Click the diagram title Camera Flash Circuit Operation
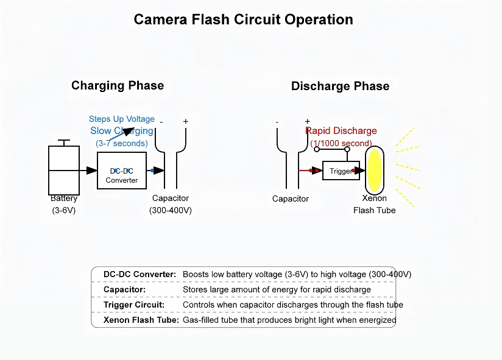pyautogui.click(x=243, y=19)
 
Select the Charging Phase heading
pyautogui.click(x=118, y=85)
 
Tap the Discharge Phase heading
pyautogui.click(x=340, y=86)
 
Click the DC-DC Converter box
pyautogui.click(x=121, y=171)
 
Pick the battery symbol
pyautogui.click(x=64, y=170)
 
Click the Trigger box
pyautogui.click(x=341, y=171)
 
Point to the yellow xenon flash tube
pyautogui.click(x=373, y=170)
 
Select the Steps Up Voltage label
pyautogui.click(x=122, y=119)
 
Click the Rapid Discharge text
pyautogui.click(x=341, y=131)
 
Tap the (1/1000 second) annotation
pyautogui.click(x=341, y=143)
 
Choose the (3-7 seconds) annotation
pyautogui.click(x=122, y=143)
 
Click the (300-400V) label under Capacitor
pyautogui.click(x=171, y=210)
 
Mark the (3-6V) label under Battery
pyautogui.click(x=64, y=210)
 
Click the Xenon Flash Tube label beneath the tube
pyautogui.click(x=375, y=205)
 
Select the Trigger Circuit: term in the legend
pyautogui.click(x=133, y=305)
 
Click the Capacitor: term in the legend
pyautogui.click(x=125, y=289)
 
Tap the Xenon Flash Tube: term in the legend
pyautogui.click(x=141, y=320)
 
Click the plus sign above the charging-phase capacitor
pyautogui.click(x=186, y=121)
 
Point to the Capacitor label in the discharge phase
pyautogui.click(x=291, y=199)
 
